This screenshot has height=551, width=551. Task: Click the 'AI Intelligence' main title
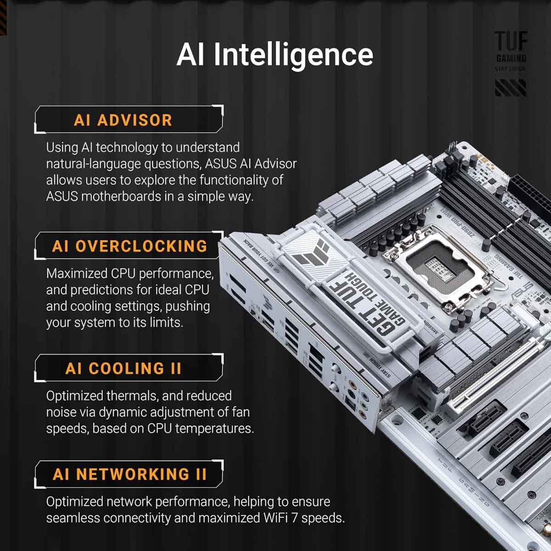(275, 54)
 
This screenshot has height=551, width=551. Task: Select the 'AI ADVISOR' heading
(123, 120)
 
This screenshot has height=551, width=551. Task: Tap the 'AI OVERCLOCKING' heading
(129, 246)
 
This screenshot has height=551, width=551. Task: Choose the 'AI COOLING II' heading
(123, 369)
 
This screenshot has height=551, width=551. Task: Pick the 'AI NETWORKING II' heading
(129, 474)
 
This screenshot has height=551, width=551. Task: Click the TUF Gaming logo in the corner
(511, 62)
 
